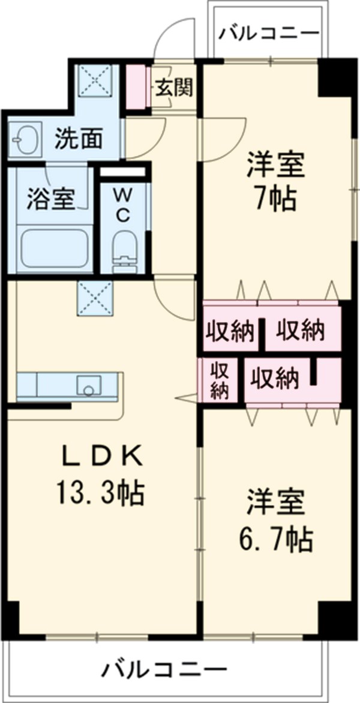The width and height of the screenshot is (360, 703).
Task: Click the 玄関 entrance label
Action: tap(175, 88)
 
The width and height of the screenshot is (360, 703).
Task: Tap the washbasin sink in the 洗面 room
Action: tap(25, 140)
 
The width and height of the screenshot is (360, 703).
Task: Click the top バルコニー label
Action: tap(268, 32)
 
